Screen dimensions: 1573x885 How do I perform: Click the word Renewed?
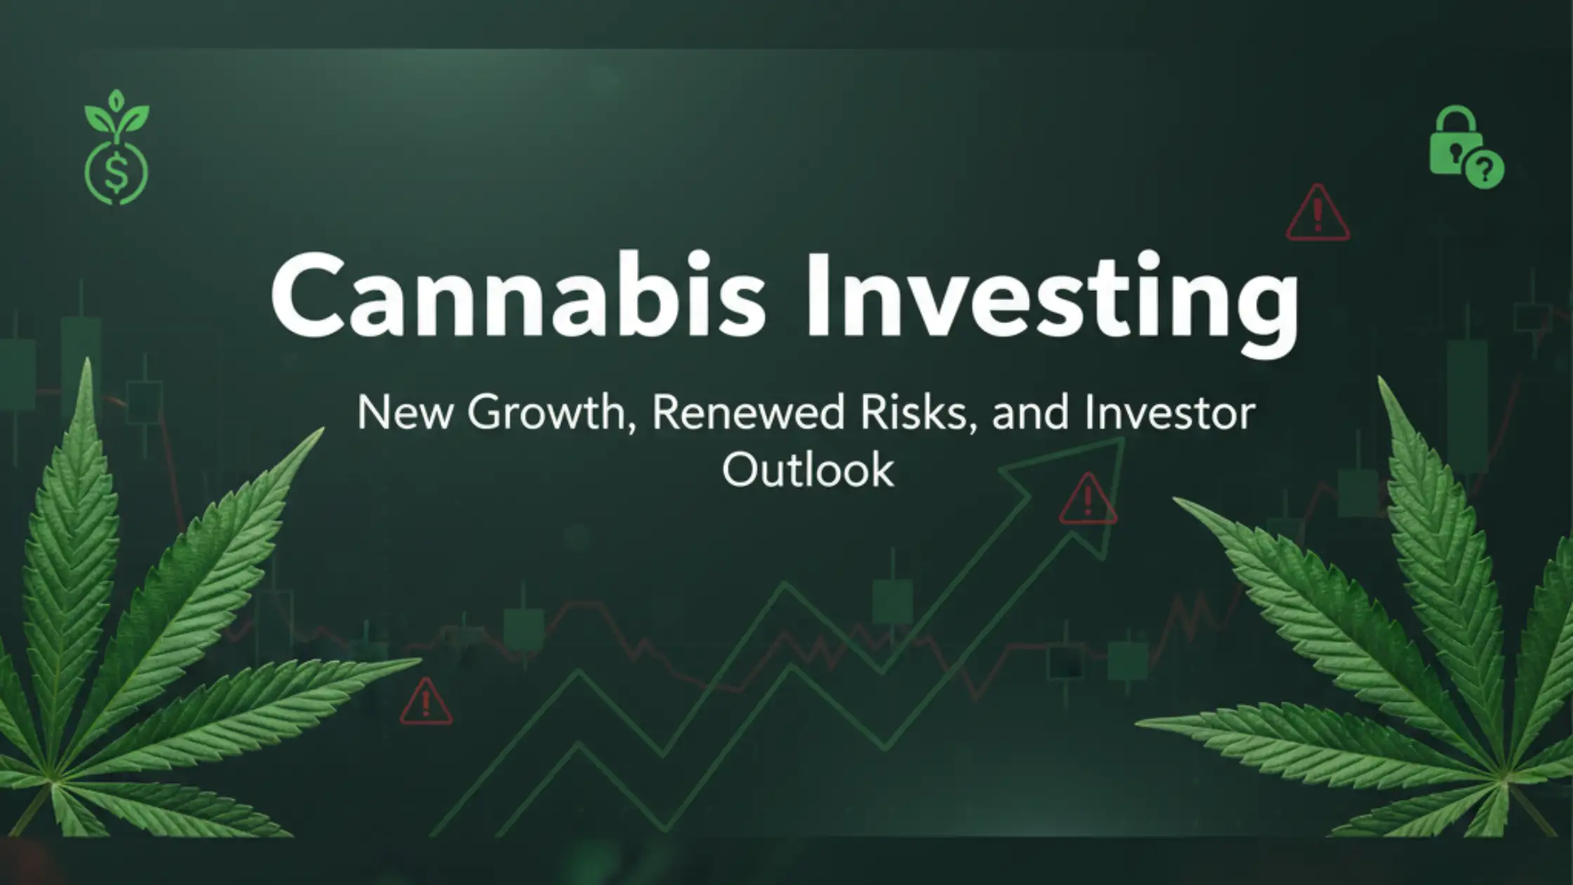click(748, 413)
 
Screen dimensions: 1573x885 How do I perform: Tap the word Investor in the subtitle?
click(1169, 413)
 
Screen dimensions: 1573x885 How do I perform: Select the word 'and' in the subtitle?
click(1029, 413)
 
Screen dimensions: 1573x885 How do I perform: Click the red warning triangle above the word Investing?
click(1317, 211)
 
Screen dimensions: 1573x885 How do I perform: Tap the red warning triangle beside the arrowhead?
click(1088, 499)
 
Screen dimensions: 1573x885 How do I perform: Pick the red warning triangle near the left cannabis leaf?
click(426, 700)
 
